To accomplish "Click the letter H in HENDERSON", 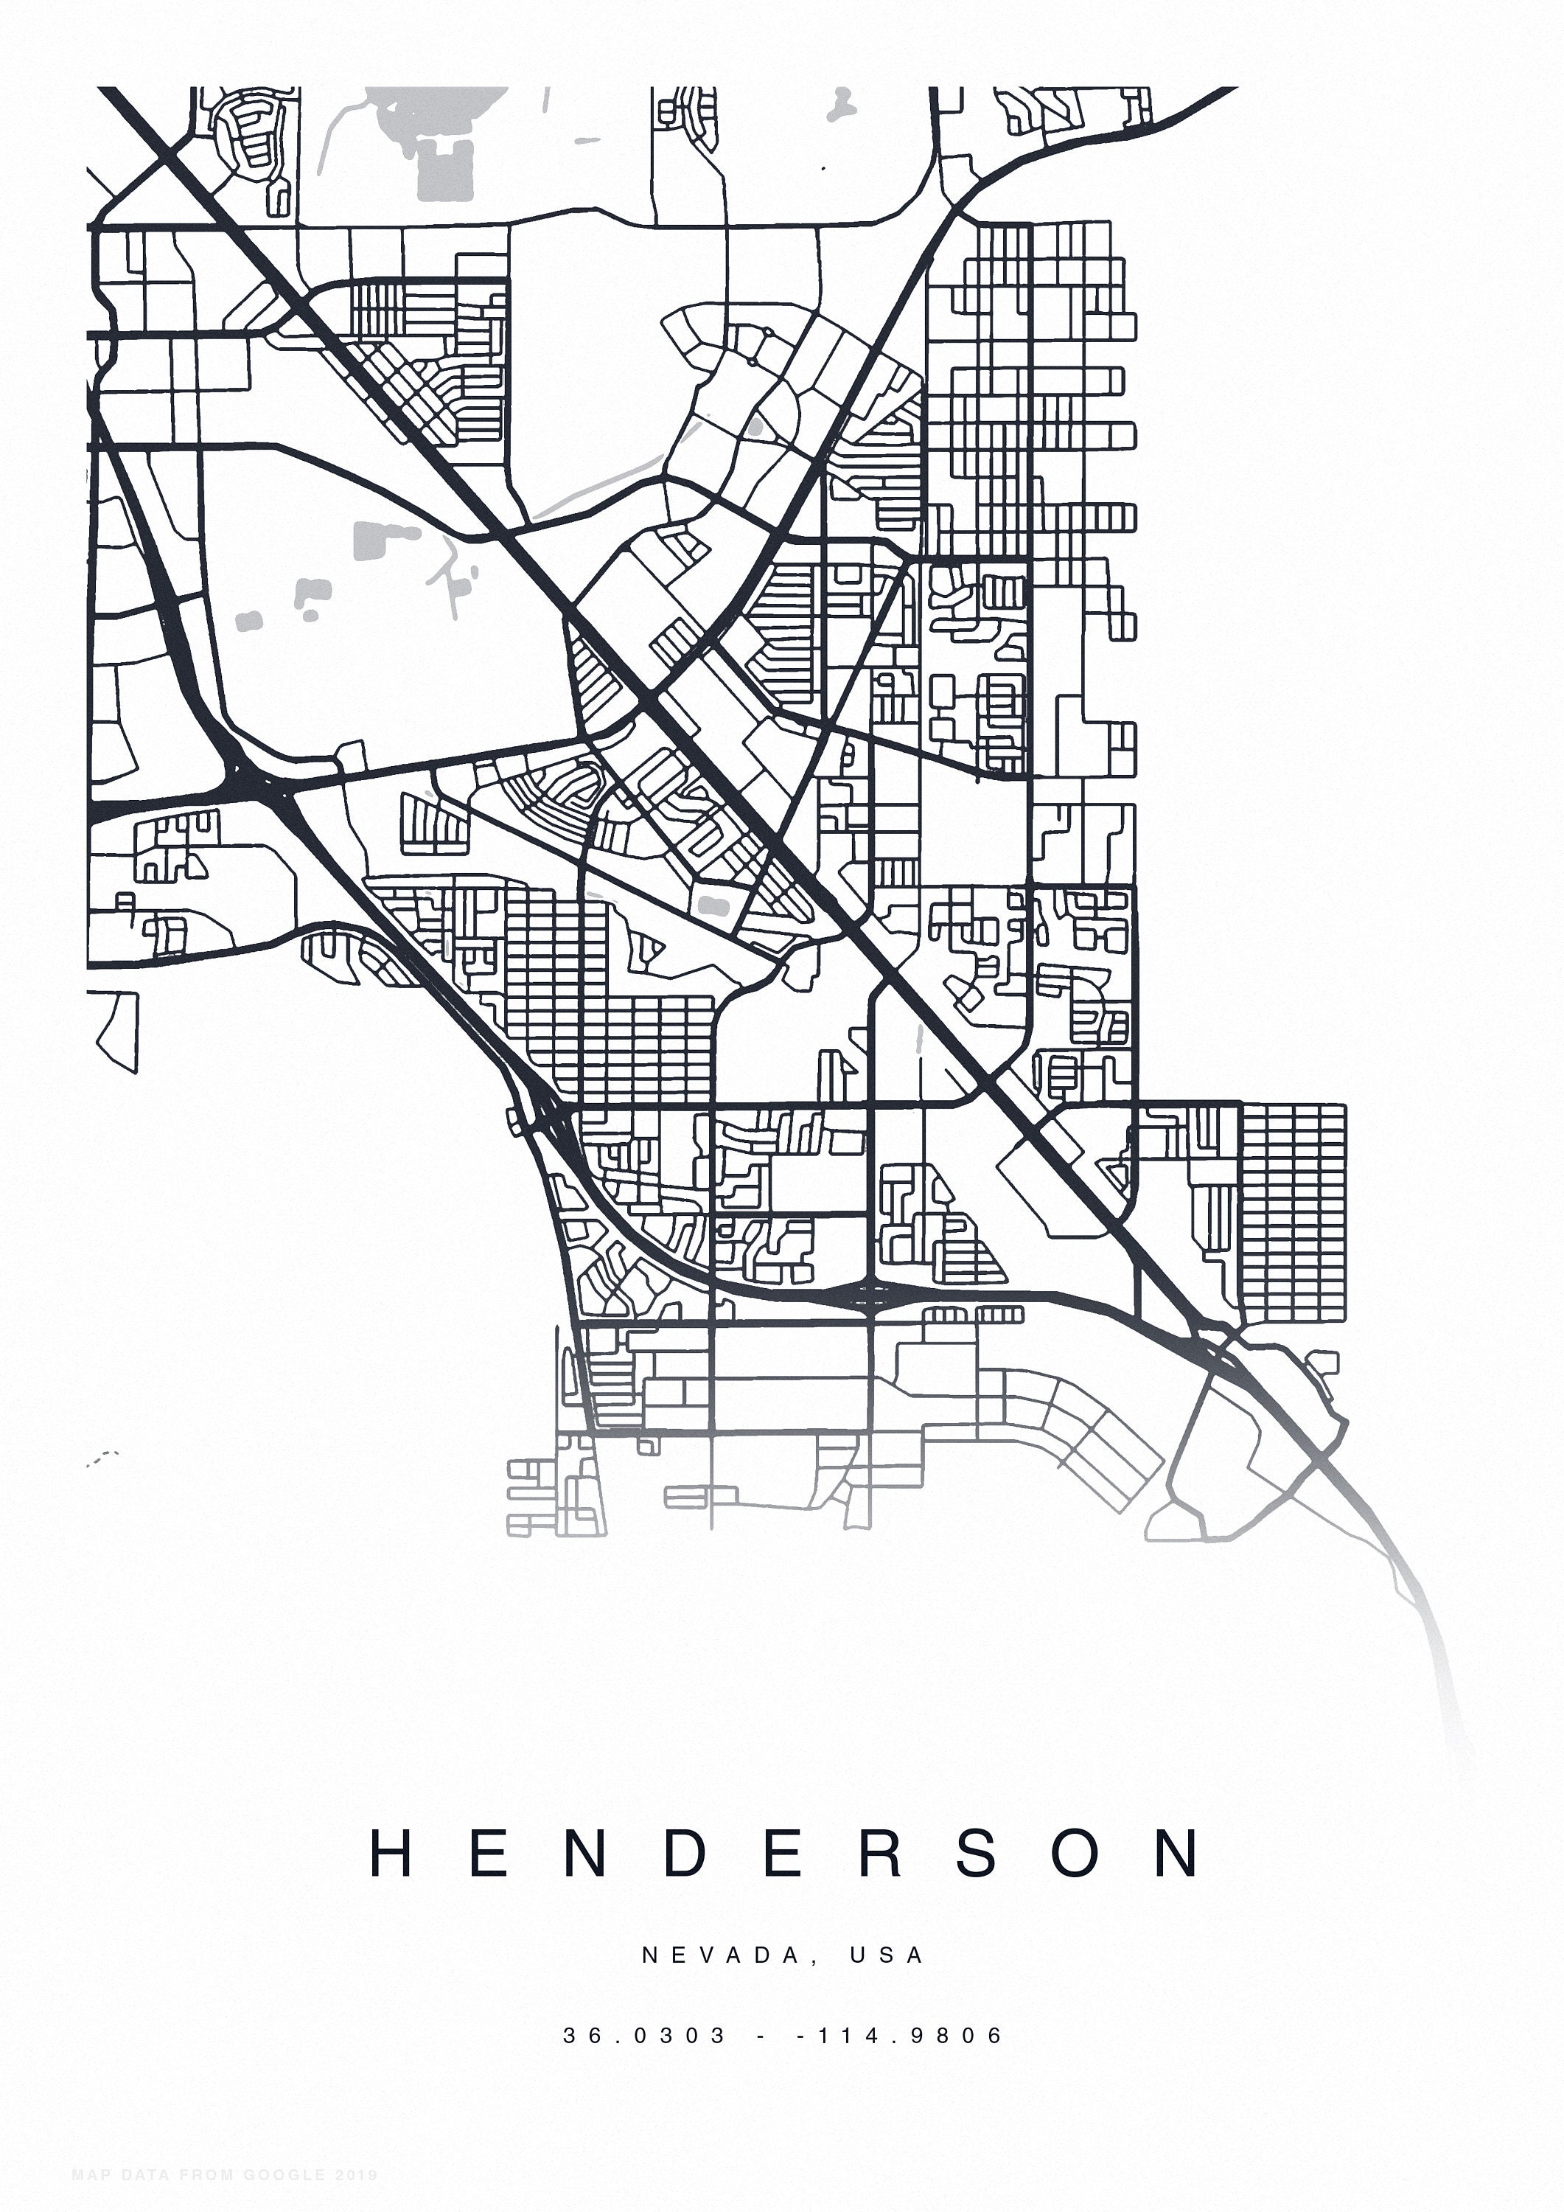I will click(x=392, y=1853).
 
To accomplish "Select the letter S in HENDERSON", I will click(x=977, y=1853).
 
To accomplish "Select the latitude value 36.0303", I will click(x=645, y=2036).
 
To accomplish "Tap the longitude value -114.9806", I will click(x=901, y=2036).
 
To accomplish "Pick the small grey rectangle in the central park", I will click(x=712, y=904).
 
